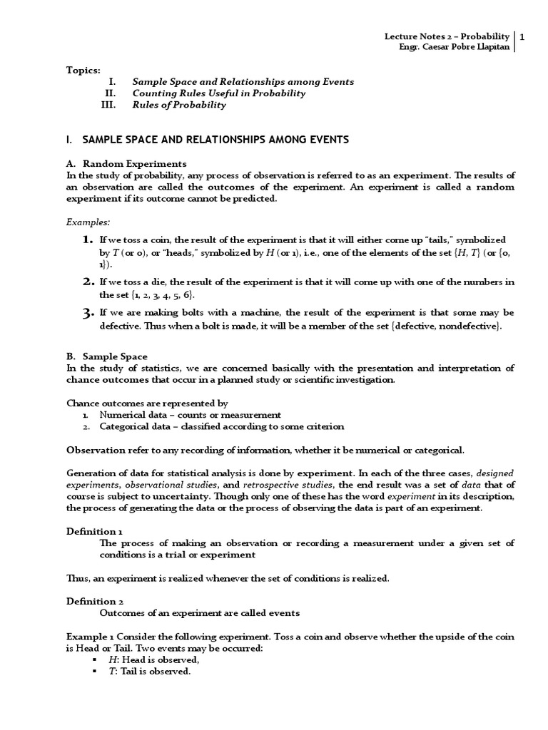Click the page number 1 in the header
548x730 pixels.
point(523,36)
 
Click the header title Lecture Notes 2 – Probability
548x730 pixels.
point(447,36)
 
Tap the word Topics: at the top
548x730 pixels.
point(83,70)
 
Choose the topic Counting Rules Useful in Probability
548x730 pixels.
point(219,93)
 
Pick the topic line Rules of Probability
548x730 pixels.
point(179,105)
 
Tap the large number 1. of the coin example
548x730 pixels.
point(88,240)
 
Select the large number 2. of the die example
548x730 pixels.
point(88,282)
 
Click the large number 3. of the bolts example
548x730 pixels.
point(88,313)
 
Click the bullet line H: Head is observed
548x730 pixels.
point(149,660)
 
